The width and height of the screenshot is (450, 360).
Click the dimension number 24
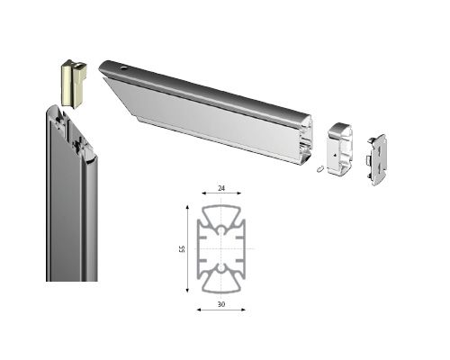coord(221,188)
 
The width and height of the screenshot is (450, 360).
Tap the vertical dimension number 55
coord(182,248)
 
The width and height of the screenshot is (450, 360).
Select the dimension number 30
coord(221,304)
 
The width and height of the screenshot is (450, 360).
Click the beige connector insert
coord(74,84)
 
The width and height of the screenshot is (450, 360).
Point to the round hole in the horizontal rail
coord(123,68)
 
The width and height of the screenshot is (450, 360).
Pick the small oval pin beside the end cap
coord(319,169)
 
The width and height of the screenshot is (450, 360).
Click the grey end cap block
coord(340,148)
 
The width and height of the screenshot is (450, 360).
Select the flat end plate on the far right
coord(377,159)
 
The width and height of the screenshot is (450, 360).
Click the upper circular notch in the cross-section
coord(221,230)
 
